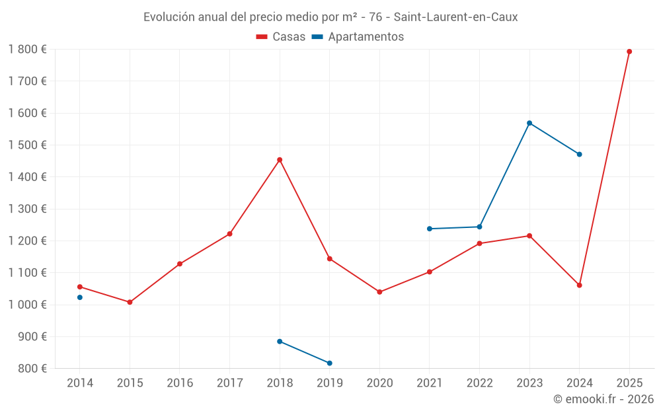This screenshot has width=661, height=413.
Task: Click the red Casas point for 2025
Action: [629, 52]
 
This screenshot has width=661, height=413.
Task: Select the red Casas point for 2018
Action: [280, 160]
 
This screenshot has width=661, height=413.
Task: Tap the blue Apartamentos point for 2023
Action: [529, 123]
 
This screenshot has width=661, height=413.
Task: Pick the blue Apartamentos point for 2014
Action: [80, 297]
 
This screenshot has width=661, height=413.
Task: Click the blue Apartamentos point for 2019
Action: [330, 363]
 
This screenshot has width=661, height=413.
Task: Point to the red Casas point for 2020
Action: [379, 292]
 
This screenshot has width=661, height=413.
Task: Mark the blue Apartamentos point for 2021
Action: [430, 229]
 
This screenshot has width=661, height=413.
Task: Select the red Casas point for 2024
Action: [580, 285]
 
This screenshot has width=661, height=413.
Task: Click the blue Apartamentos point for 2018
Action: [280, 342]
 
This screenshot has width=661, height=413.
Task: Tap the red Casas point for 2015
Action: [130, 302]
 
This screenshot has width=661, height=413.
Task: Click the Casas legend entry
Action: [281, 37]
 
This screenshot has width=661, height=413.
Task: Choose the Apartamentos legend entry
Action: [358, 37]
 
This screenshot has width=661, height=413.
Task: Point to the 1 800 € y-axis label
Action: [27, 50]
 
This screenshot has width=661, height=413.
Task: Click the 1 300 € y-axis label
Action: [27, 209]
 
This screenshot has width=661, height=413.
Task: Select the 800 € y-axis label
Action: [31, 369]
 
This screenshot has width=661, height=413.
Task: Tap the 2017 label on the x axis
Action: [229, 383]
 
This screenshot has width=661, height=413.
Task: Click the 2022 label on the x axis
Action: [479, 383]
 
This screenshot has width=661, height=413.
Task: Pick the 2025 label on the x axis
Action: [629, 383]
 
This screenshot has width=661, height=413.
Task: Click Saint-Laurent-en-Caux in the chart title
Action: [455, 17]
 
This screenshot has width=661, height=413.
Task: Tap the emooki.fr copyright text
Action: [603, 399]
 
